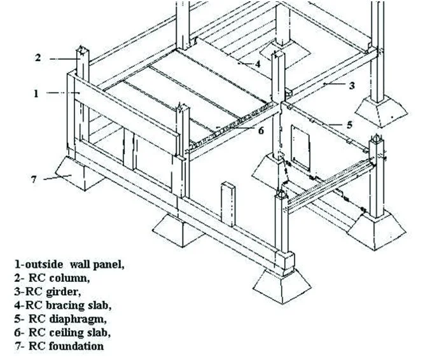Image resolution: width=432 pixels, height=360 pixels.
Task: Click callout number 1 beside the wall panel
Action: tap(37, 93)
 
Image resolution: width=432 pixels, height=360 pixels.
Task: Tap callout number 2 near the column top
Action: tap(38, 58)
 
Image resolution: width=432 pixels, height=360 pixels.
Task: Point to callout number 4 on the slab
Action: tap(258, 64)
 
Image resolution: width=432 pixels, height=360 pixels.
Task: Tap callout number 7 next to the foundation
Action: tap(34, 179)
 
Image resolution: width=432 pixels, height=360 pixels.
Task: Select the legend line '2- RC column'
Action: tap(52, 277)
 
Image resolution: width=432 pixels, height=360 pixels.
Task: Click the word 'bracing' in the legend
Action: tap(74, 305)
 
